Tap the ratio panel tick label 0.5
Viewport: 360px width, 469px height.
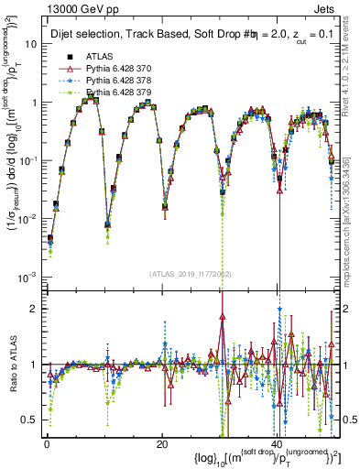point(31,420)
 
